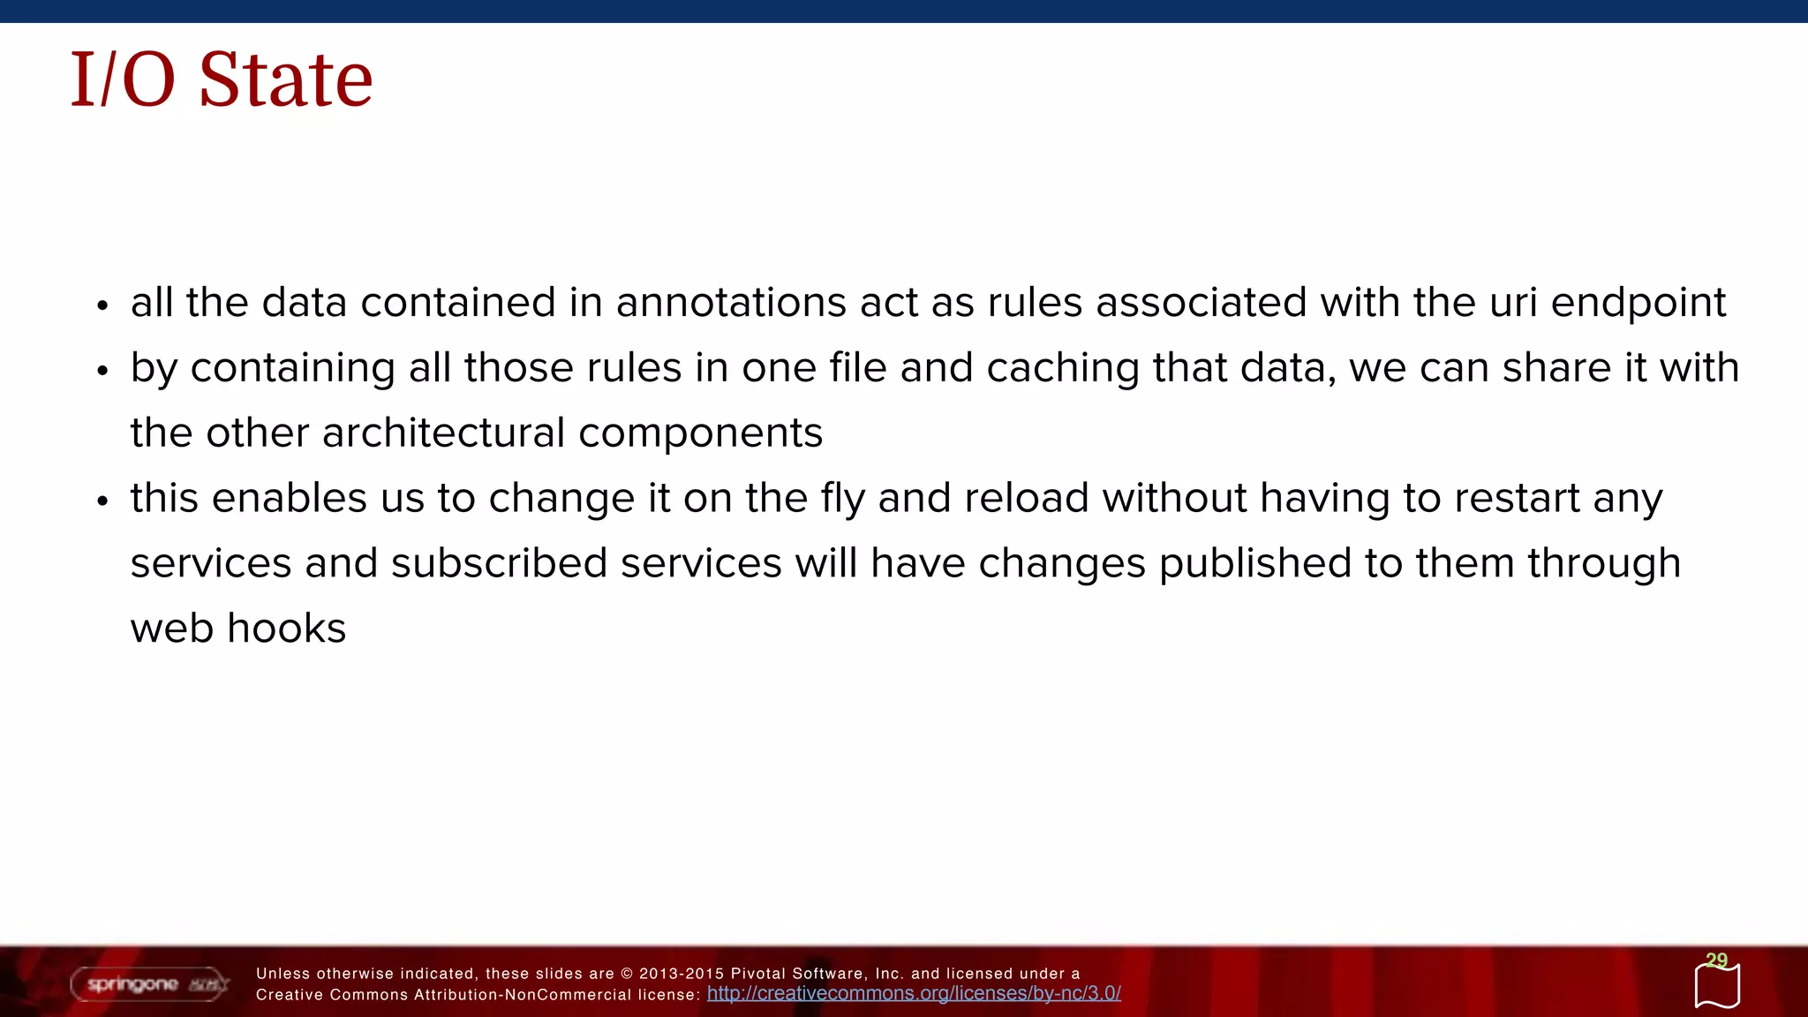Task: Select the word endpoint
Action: pos(1638,303)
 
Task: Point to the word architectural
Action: pos(443,433)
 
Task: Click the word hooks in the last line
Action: pos(286,629)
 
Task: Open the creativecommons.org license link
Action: pos(914,993)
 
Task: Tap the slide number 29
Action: pos(1716,960)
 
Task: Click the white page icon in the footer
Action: pos(1717,987)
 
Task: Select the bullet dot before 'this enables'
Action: pos(102,501)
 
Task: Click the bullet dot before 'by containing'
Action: pos(102,371)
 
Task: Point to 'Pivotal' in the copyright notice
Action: pos(758,974)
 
